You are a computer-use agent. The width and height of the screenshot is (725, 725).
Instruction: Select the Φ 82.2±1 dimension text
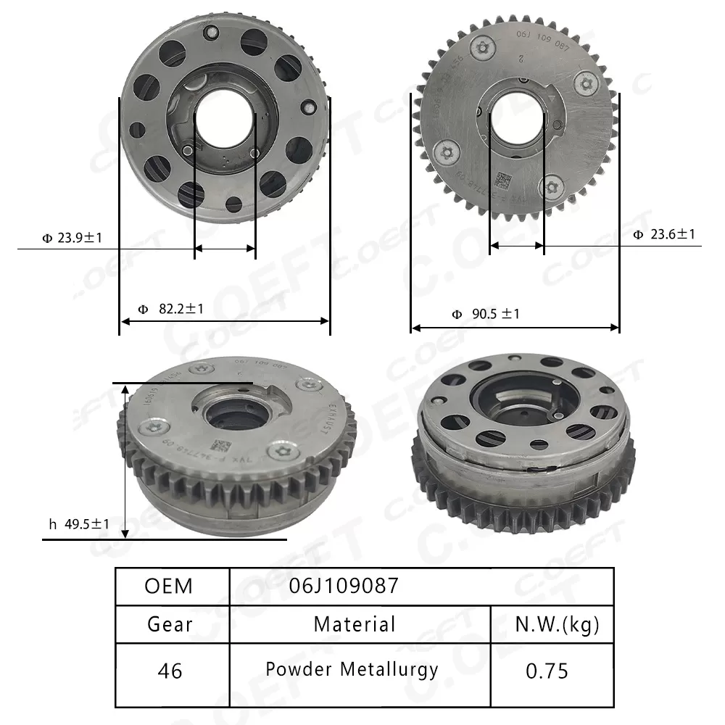171,309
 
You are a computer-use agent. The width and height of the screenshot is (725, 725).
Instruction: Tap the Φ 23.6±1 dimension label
663,234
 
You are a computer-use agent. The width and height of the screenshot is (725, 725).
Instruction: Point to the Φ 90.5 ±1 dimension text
486,314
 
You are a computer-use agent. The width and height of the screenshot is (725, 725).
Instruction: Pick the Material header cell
355,624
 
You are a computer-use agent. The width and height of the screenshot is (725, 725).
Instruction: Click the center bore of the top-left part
225,120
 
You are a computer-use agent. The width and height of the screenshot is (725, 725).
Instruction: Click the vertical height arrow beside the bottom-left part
126,461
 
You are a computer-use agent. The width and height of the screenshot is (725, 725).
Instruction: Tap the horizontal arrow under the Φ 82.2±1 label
225,321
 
